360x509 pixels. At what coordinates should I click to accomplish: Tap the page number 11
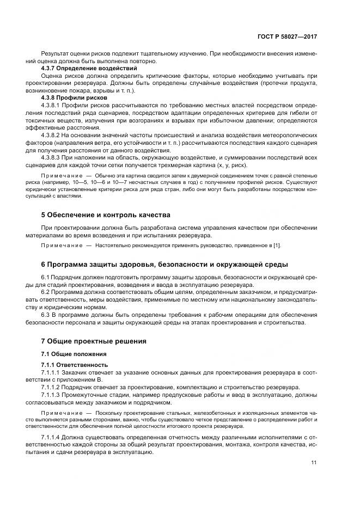coord(314,463)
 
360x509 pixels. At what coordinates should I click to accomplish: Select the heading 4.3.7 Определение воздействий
coord(89,69)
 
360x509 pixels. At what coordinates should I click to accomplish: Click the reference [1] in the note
coord(276,246)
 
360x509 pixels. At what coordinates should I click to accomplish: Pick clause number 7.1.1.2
coord(52,387)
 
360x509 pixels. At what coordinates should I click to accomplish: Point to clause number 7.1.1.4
coord(52,437)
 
